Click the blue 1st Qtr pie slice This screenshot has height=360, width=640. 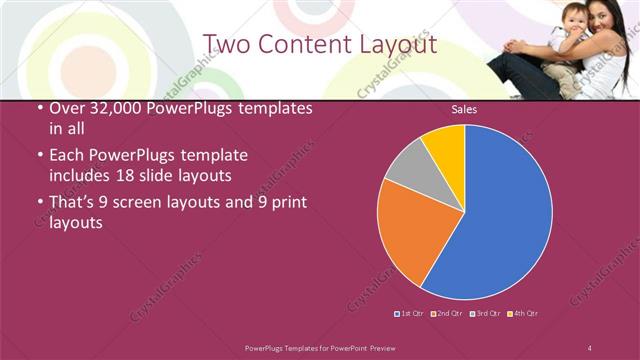tap(505, 215)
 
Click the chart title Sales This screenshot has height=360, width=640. tap(464, 109)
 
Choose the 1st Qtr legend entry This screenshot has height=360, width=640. tap(411, 313)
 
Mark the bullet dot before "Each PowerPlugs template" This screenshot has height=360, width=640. tap(38, 157)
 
